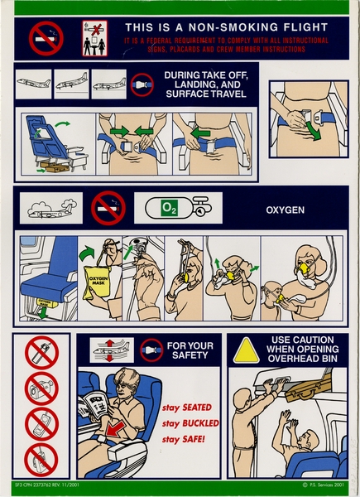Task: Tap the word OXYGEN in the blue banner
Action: point(284,210)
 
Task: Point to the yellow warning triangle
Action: point(245,351)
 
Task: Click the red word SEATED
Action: point(202,407)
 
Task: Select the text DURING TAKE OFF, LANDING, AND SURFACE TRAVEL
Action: point(204,84)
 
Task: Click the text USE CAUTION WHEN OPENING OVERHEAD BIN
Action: point(303,351)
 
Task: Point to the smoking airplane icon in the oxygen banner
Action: point(51,209)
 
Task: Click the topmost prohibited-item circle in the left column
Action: point(41,355)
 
